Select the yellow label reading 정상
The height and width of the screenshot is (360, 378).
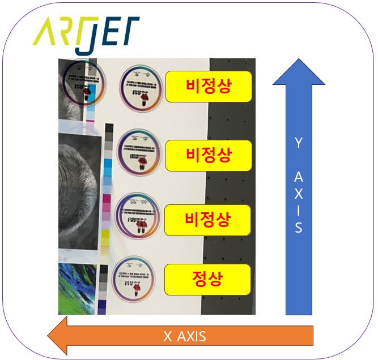pos(207,278)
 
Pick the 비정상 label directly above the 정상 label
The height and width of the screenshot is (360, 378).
pos(207,218)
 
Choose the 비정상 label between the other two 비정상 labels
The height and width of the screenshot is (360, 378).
pos(209,154)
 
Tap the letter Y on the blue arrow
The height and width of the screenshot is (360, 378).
pos(299,144)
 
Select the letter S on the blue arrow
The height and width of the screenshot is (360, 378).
pos(299,229)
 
